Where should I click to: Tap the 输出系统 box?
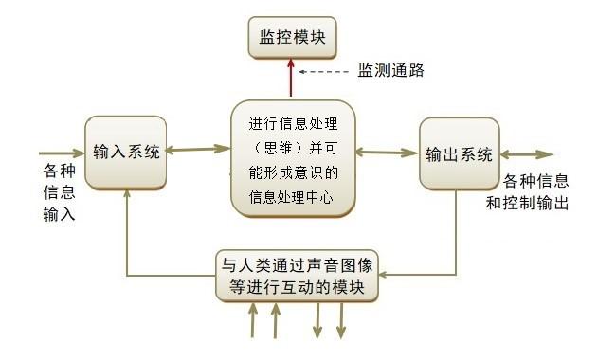[459, 153]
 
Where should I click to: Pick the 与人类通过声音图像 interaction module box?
[299, 275]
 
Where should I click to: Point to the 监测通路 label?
[390, 70]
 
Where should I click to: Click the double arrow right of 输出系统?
[526, 154]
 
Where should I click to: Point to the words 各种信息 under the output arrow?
[535, 181]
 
